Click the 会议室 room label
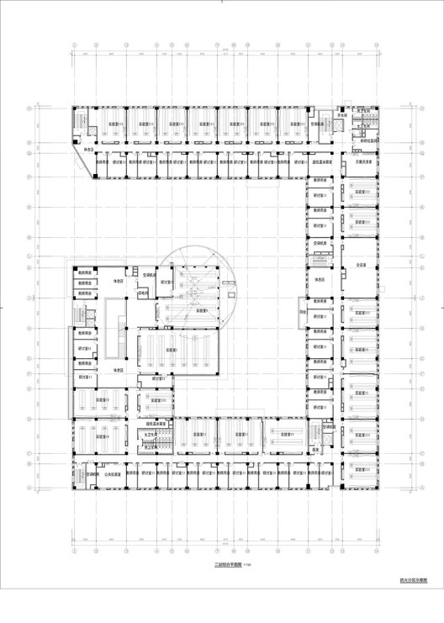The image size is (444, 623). (x=362, y=264)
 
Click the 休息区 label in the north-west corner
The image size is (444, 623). (x=87, y=150)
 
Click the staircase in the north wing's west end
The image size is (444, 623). (x=78, y=124)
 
